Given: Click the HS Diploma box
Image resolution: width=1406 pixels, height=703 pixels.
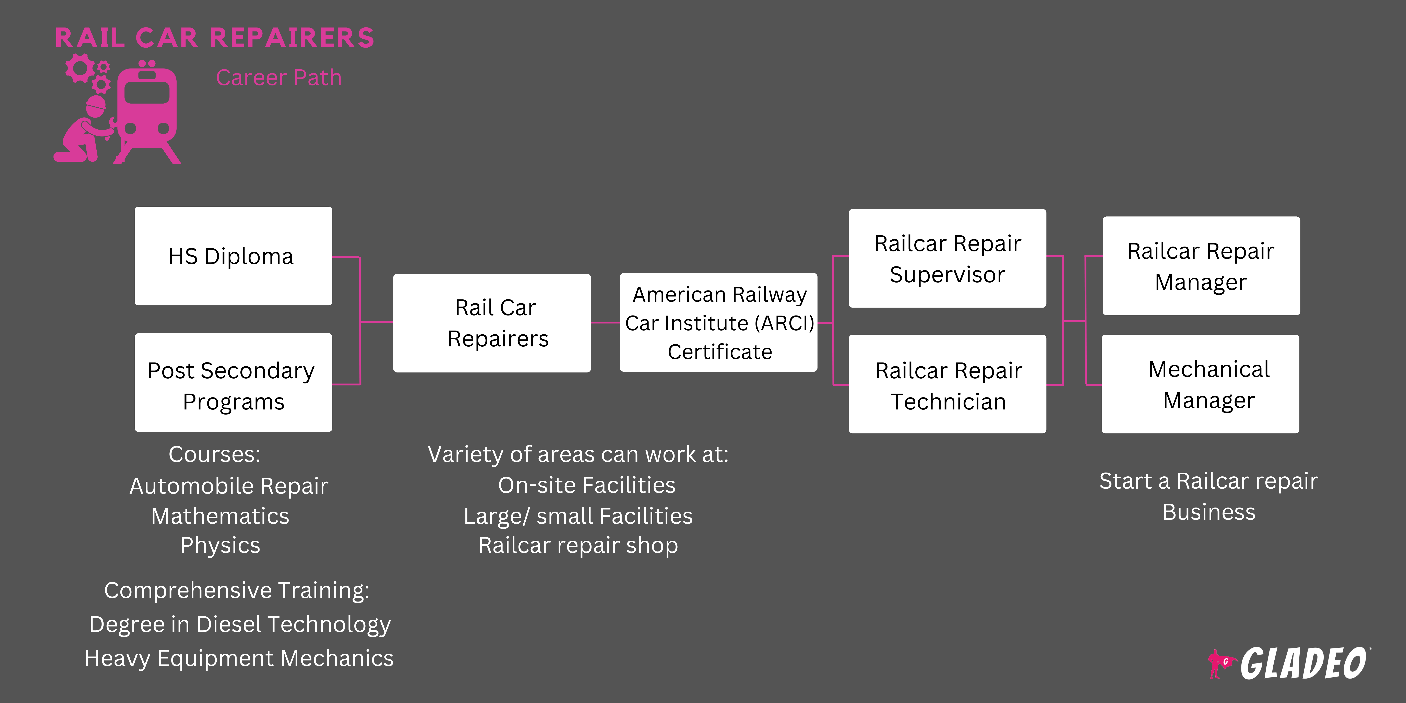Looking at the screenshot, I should coord(233,256).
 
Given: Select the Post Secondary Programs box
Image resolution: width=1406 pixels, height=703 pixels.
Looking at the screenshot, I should coord(233,383).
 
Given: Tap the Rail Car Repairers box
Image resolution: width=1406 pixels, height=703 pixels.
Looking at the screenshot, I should coord(492,323).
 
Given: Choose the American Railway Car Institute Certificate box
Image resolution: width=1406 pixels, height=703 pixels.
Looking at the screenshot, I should coord(718,323).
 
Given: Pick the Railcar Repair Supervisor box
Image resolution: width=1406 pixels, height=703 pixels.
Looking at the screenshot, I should coord(947,258).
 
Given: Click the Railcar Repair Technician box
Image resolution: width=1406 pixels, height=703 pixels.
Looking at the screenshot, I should coord(947,384).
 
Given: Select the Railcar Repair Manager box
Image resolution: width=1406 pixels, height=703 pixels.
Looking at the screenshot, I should coord(1201,266).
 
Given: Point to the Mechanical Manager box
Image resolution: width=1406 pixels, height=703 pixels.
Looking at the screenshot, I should coord(1200,384).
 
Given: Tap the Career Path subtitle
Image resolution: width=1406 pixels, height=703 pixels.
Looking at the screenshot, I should coord(278,78).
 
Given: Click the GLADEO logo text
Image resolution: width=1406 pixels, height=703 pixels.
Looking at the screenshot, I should coord(1303,664).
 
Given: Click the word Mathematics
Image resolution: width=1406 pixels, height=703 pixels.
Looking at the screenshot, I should coord(220,516).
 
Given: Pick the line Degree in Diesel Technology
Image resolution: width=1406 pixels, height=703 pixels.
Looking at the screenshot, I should coord(240,624).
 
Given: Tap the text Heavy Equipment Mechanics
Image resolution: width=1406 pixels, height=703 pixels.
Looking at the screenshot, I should coord(239,658).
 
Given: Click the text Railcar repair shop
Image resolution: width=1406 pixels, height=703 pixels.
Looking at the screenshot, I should coord(578,545).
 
